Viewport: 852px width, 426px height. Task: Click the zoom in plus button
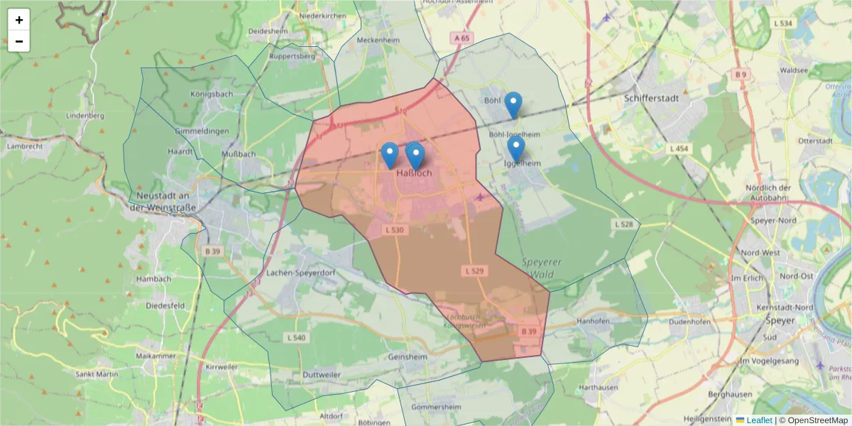point(19,20)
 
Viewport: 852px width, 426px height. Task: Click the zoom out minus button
point(19,41)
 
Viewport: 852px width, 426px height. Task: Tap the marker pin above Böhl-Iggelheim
point(513,104)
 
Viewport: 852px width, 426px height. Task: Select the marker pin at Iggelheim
point(516,148)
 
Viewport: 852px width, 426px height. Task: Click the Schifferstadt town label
point(651,99)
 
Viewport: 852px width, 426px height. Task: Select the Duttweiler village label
point(321,374)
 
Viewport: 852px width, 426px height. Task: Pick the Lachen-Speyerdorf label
point(297,273)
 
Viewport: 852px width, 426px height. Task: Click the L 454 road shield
point(679,148)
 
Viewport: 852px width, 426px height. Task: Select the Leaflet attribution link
point(758,420)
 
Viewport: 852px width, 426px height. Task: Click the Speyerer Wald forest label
point(542,268)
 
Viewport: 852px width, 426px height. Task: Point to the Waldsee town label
point(794,70)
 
